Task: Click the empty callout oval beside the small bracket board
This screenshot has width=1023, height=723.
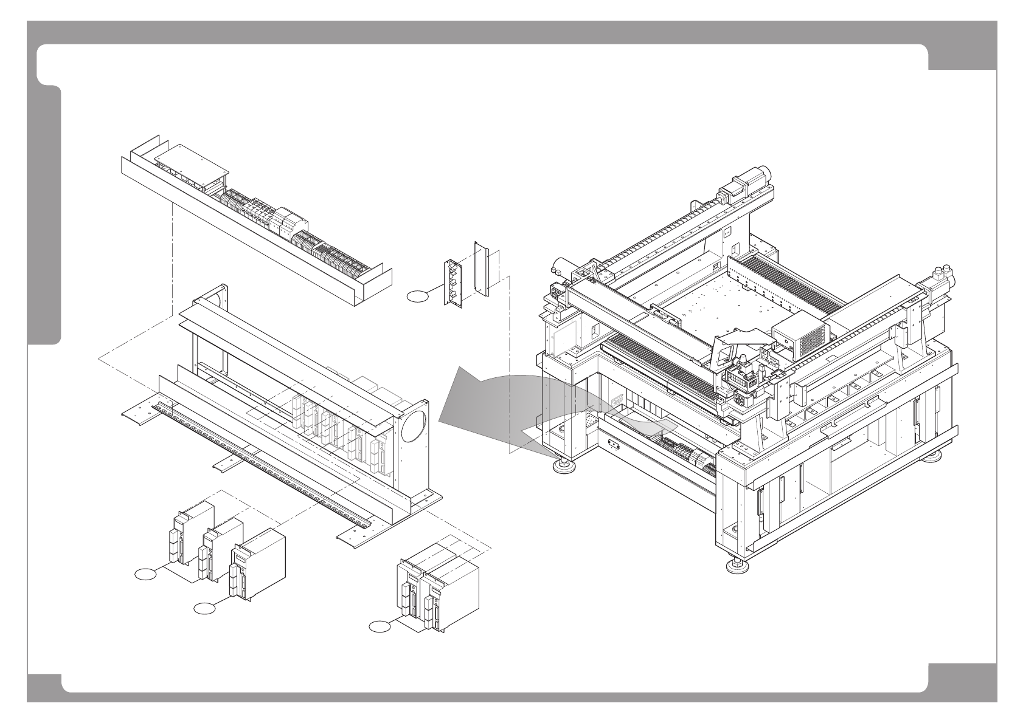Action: (x=417, y=296)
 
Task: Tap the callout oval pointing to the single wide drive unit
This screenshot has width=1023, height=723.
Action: (x=204, y=608)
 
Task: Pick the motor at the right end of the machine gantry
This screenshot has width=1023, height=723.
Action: (x=938, y=285)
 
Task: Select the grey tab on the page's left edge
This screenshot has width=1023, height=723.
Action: (x=44, y=216)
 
